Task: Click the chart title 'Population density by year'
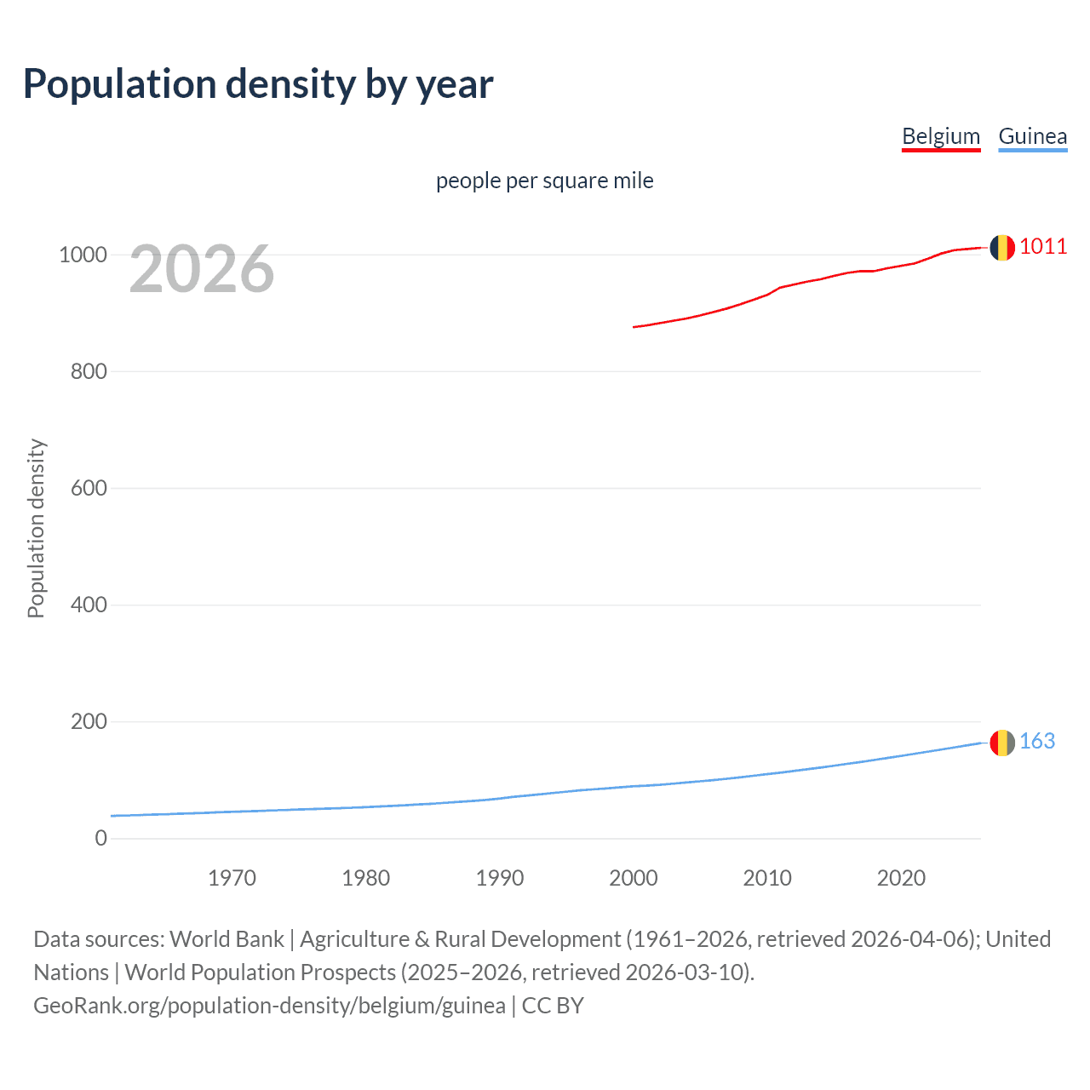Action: pos(258,83)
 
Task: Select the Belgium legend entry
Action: pos(941,136)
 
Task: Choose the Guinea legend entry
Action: pos(1032,136)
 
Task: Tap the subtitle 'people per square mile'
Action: pos(544,181)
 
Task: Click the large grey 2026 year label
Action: pos(202,269)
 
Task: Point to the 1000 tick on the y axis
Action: pos(83,255)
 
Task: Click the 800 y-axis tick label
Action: pos(89,371)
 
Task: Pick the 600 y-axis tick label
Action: pos(89,488)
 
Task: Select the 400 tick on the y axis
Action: pos(89,605)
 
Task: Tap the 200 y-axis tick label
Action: pos(89,721)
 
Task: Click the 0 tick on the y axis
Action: pos(101,838)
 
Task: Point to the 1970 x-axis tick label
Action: pos(232,878)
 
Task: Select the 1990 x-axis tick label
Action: pos(500,878)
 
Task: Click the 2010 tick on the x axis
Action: pos(767,878)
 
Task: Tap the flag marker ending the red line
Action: pos(1002,248)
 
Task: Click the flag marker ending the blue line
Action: pos(1002,743)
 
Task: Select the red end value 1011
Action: pos(1043,247)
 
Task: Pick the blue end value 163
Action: pos(1037,742)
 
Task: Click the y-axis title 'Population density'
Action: pos(36,528)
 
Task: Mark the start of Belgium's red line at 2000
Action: pos(634,327)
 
